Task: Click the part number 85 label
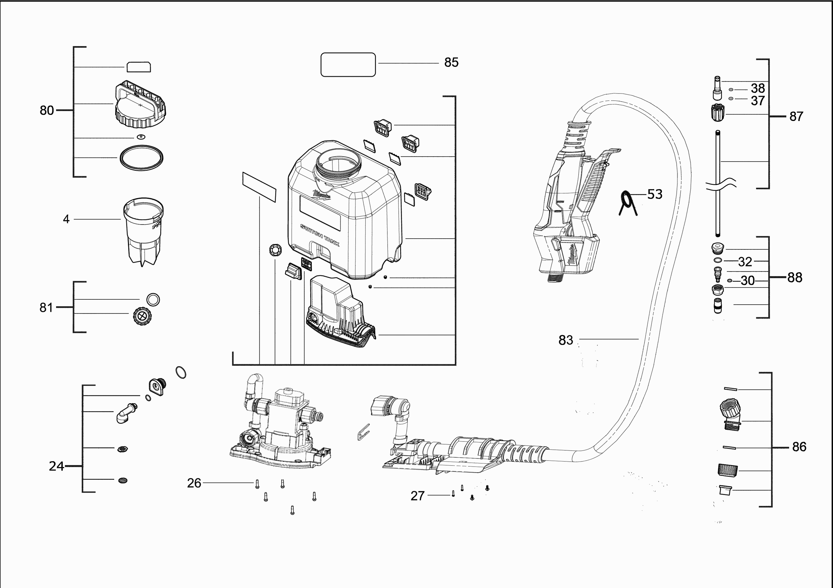coord(451,62)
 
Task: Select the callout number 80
coord(47,110)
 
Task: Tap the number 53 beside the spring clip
coord(654,194)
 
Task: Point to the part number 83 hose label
coord(566,340)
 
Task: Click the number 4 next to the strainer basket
coord(66,219)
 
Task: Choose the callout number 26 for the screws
coord(194,483)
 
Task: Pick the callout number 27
coord(417,496)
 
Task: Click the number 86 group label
coord(799,446)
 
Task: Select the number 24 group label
coord(56,466)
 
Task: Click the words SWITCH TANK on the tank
coord(320,235)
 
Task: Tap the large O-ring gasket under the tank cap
coord(141,158)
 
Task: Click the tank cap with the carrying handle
coord(140,105)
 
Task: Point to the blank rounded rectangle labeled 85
coord(348,65)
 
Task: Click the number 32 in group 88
coord(745,261)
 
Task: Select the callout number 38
coord(757,88)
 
